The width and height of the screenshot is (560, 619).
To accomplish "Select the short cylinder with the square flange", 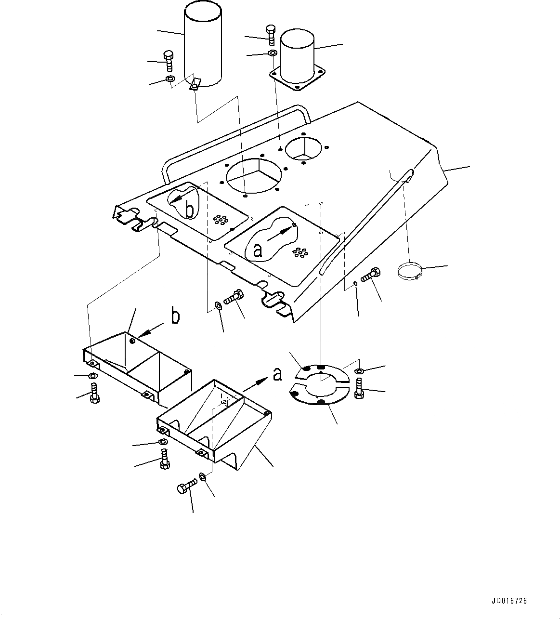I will pyautogui.click(x=297, y=55).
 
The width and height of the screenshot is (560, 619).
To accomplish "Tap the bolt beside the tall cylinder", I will pyautogui.click(x=169, y=61).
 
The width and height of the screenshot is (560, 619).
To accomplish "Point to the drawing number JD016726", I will pyautogui.click(x=510, y=601).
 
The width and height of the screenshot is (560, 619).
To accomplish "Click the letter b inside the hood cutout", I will pyautogui.click(x=190, y=210).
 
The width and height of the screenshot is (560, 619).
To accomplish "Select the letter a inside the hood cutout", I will pyautogui.click(x=258, y=250).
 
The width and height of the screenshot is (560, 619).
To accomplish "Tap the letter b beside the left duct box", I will pyautogui.click(x=176, y=317).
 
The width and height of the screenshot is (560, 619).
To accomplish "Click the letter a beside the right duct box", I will pyautogui.click(x=277, y=373).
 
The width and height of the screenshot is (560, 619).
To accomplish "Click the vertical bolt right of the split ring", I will pyautogui.click(x=358, y=388).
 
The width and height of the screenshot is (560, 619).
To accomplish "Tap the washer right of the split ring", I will pyautogui.click(x=359, y=371).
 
